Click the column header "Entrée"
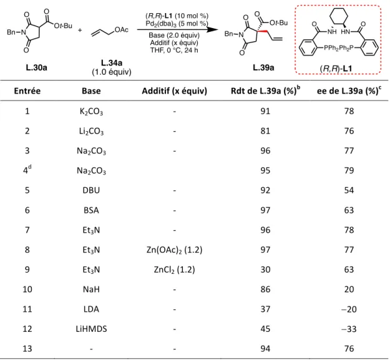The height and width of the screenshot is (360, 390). [x=27, y=90]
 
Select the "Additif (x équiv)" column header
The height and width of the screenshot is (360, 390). [x=174, y=91]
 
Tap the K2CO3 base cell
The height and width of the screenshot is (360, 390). [x=91, y=112]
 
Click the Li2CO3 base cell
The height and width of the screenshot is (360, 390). [x=91, y=131]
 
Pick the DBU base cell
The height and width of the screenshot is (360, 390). [x=91, y=190]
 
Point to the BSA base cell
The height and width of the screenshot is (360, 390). [x=91, y=210]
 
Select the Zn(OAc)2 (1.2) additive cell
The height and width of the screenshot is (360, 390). [x=174, y=250]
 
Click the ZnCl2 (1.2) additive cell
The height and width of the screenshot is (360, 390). [x=174, y=270]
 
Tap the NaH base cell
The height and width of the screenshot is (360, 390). [x=91, y=289]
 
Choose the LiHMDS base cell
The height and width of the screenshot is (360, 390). [x=91, y=329]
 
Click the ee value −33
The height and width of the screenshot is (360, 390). [x=349, y=329]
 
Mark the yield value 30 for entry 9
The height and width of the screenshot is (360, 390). [x=265, y=270]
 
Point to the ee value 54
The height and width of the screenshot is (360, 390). [x=349, y=190]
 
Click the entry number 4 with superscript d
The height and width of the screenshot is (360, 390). [x=27, y=170]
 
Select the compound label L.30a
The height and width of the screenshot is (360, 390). [x=36, y=67]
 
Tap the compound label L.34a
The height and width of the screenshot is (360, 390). [x=112, y=62]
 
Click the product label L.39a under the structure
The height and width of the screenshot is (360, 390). [x=263, y=67]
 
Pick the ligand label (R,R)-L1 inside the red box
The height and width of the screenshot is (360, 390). [x=336, y=68]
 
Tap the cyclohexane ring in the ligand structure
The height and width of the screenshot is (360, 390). [x=338, y=16]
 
